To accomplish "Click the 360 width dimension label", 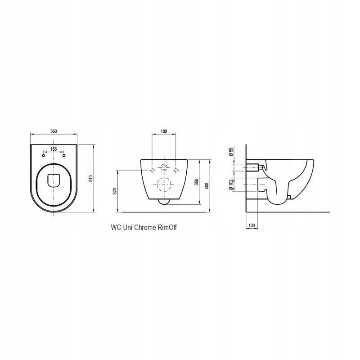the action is point(54,131).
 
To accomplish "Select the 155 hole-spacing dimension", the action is point(54,149).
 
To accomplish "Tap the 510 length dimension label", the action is point(91,178).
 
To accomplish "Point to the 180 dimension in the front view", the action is point(164,131).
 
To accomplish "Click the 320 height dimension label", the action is point(115,191).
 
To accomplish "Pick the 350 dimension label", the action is point(197,183).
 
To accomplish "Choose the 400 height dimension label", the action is point(207,186).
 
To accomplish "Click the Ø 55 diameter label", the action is point(231,152).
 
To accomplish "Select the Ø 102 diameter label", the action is point(231,184).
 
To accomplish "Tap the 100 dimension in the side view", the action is point(252,225).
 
